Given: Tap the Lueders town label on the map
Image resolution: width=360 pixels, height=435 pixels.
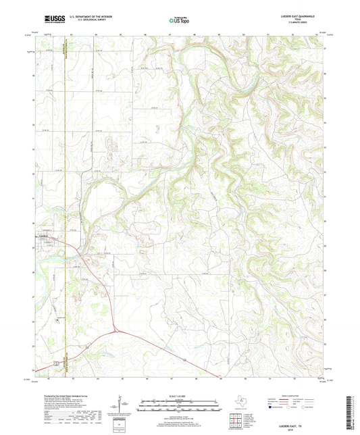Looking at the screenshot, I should point(45,236).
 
